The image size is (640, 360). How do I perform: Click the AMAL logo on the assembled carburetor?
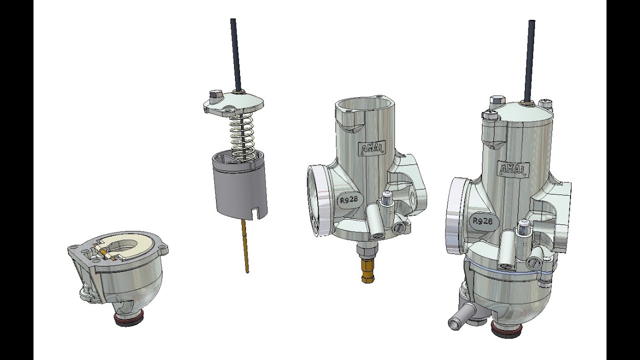click(513, 169)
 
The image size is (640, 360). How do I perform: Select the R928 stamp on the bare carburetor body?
click(349, 199)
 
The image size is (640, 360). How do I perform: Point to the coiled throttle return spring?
click(242, 137)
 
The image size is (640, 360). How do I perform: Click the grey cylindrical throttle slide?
click(239, 185)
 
